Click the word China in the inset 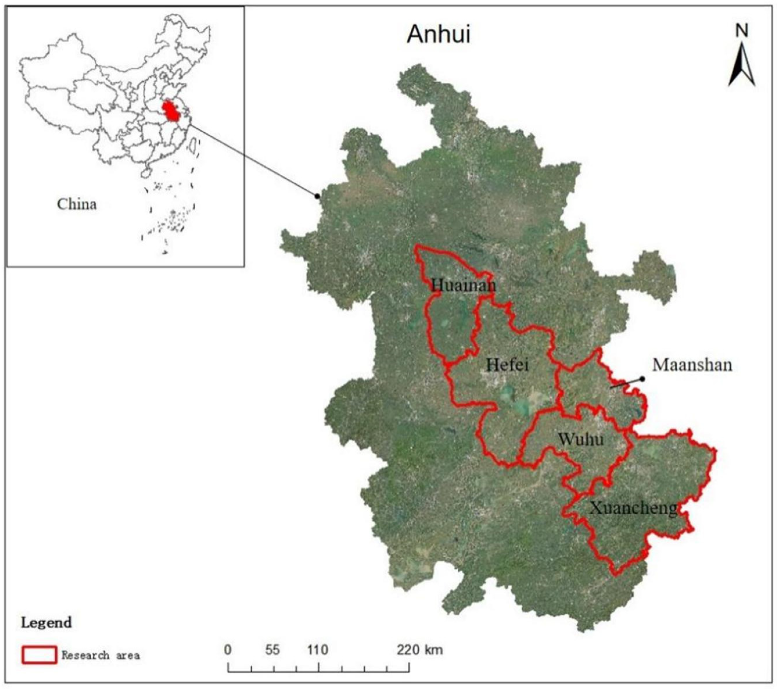tap(77, 204)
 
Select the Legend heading tap(46, 623)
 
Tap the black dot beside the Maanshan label tap(642, 379)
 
